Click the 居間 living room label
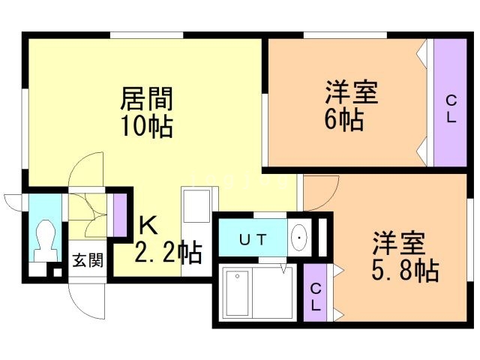click(x=148, y=99)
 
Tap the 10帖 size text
click(x=148, y=125)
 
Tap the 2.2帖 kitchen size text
click(x=168, y=253)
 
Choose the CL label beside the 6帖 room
click(x=450, y=109)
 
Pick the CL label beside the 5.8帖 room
click(x=315, y=297)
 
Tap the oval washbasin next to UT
click(x=299, y=239)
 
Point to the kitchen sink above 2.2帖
click(x=197, y=204)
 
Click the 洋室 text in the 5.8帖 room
click(x=400, y=243)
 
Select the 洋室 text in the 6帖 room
click(x=350, y=94)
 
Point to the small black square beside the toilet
click(x=57, y=271)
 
